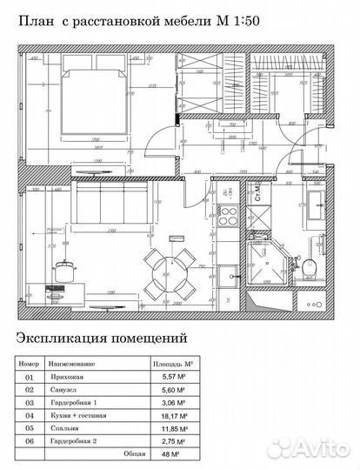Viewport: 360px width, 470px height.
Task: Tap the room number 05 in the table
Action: (30, 429)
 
